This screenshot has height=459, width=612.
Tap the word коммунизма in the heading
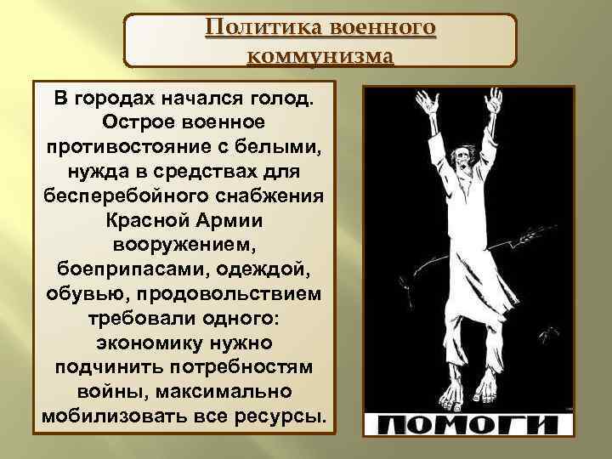click(320, 57)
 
